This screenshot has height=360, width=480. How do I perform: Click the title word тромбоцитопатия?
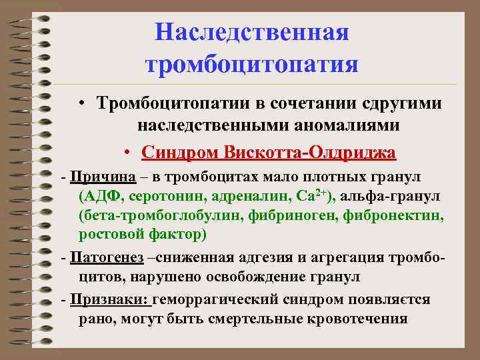tap(252, 65)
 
